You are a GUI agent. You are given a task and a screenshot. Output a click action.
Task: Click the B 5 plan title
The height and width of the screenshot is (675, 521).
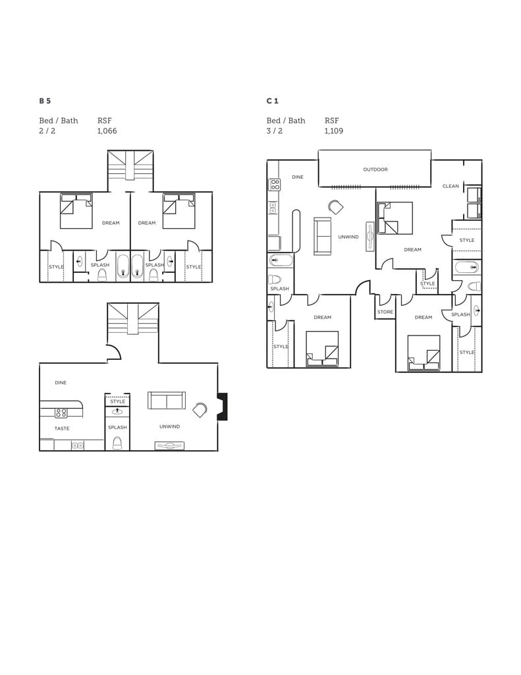point(45,101)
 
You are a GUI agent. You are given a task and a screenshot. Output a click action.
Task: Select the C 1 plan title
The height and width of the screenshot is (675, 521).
point(272,101)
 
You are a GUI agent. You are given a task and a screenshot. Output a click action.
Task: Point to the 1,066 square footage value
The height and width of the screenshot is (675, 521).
point(107,131)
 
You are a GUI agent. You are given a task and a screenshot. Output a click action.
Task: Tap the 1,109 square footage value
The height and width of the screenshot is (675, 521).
point(333,131)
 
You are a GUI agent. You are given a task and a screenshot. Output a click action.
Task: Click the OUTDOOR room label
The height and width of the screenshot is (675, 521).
point(375,169)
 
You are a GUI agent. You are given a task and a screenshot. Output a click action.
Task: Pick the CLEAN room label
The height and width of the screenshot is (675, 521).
point(451,187)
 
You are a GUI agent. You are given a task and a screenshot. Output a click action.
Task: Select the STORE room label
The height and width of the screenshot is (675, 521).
point(385,312)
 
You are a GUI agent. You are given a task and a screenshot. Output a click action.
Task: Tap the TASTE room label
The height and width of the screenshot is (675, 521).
point(62,428)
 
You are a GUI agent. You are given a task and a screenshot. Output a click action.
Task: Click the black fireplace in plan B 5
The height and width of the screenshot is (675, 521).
point(223,407)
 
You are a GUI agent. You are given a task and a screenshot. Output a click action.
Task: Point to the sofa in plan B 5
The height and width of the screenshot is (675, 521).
point(167,401)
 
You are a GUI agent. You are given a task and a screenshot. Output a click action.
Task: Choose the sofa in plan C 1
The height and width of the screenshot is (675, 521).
point(323,235)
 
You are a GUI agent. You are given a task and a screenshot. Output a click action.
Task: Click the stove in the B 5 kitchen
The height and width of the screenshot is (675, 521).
point(61,413)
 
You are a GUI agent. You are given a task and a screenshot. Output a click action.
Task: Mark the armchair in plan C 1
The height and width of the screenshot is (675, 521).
point(336,207)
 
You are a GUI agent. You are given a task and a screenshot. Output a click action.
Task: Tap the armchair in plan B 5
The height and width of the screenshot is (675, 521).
point(200,411)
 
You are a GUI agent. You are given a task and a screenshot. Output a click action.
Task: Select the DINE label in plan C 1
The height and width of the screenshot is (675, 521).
point(298,177)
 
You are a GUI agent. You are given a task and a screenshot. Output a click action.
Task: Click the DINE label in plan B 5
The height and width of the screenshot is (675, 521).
point(61,382)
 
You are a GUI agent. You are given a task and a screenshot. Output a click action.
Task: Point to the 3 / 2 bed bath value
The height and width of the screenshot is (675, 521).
point(275,131)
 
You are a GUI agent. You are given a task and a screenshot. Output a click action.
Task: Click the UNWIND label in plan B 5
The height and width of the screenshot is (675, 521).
point(169,426)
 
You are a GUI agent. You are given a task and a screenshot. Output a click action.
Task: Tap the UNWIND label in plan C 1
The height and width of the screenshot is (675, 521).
point(348,237)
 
